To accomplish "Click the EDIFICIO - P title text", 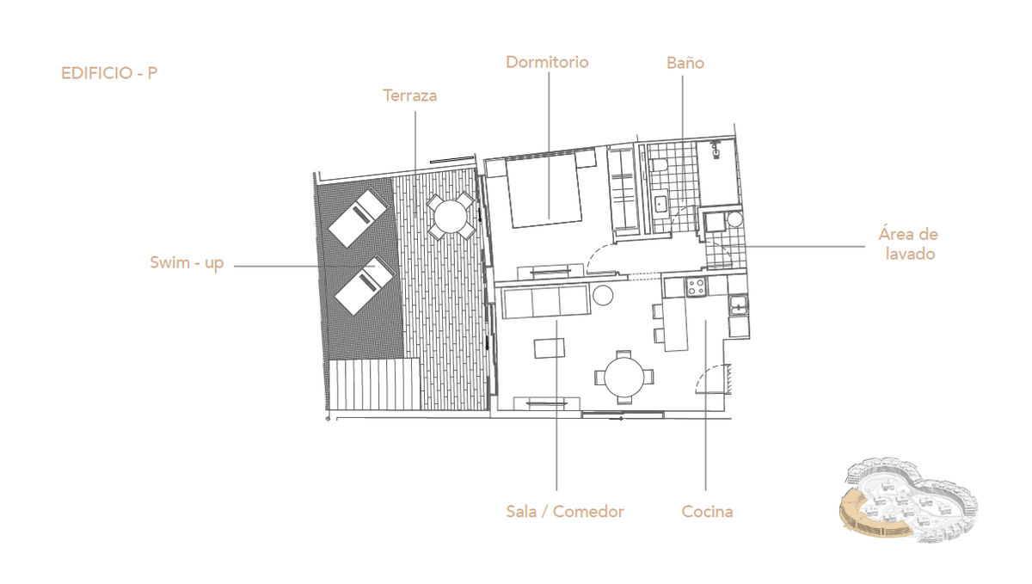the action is [x=109, y=73].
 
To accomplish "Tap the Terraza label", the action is [x=409, y=95].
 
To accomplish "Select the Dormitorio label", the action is [x=547, y=62].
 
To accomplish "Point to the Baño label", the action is [x=685, y=63].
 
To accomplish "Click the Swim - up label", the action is [x=187, y=262].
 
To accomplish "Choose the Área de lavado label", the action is [x=908, y=244].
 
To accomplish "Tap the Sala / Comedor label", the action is [x=565, y=512].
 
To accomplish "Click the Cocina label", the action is [x=707, y=512].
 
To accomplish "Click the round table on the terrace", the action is [x=451, y=216].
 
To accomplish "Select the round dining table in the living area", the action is [x=624, y=377].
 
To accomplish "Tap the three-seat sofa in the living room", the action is [x=546, y=301].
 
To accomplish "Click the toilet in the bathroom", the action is [x=660, y=164].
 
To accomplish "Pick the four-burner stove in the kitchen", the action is [x=696, y=286].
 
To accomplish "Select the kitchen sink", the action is [x=738, y=304].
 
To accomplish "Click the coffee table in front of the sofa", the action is [x=550, y=348].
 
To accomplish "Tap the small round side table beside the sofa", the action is [x=603, y=296].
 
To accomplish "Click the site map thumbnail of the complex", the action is [x=908, y=500].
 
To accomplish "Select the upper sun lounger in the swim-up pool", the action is [x=358, y=218].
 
